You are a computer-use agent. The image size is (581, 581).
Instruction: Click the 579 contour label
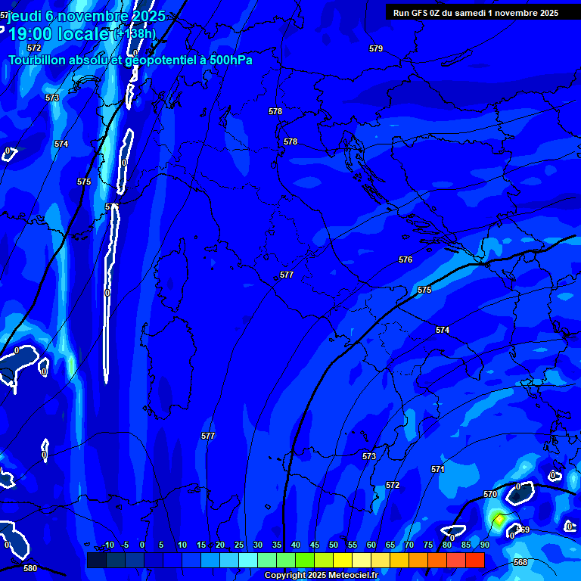(376, 49)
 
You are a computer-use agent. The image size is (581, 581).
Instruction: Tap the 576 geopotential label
(405, 260)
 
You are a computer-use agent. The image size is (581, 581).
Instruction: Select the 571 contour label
(438, 470)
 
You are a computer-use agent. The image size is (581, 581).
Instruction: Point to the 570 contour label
(490, 495)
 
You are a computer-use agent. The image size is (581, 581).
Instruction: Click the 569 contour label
(523, 530)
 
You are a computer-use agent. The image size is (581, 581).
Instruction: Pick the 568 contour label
(520, 563)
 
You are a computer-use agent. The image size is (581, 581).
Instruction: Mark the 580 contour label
(30, 568)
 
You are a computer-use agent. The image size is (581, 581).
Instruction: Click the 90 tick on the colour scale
(484, 545)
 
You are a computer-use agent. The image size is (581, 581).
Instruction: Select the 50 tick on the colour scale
(334, 545)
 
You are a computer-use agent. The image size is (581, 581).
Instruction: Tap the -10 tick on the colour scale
(108, 545)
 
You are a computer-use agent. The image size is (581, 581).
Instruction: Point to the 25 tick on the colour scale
(239, 545)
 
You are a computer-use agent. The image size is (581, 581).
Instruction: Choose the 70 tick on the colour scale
(409, 545)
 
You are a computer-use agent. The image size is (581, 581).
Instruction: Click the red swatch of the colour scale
(474, 560)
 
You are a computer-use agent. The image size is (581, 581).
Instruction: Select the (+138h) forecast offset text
(135, 33)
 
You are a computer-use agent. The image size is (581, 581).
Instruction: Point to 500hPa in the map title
(227, 61)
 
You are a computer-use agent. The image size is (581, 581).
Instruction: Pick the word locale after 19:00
(82, 33)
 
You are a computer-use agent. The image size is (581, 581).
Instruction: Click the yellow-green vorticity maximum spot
(498, 519)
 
